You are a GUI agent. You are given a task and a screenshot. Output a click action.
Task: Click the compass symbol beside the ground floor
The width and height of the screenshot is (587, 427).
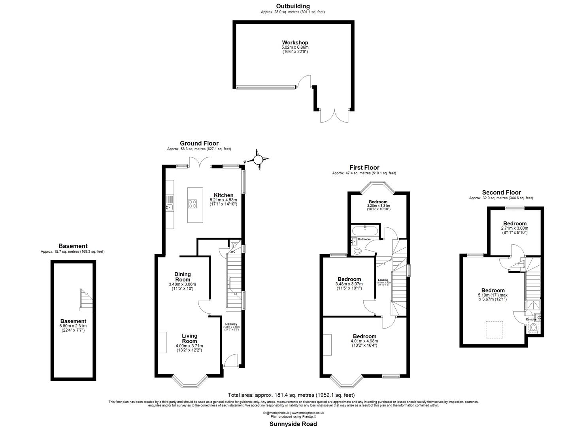[258, 160]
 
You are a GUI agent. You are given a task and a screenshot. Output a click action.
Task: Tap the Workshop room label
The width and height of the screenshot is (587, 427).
[295, 43]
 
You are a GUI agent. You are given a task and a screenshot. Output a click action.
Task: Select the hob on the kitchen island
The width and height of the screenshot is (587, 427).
[193, 204]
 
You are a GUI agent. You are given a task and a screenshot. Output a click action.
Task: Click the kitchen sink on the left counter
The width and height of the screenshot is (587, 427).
[170, 207]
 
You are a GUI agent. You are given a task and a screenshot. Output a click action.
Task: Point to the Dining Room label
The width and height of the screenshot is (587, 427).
[182, 277]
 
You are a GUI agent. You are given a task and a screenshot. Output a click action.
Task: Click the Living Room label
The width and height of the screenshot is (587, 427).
[189, 338]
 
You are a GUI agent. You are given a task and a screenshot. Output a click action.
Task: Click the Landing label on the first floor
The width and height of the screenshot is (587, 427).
[383, 280]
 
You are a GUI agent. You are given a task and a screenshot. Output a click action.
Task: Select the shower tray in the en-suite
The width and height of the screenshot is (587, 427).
[531, 306]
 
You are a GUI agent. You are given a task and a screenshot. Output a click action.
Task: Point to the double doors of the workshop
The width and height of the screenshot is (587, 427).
[334, 116]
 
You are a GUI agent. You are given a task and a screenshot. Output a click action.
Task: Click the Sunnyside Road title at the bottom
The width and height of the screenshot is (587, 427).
[293, 424]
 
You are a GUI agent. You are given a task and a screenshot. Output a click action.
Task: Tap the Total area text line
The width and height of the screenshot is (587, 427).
[291, 395]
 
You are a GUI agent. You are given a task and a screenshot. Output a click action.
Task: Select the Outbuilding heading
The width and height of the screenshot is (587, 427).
[293, 6]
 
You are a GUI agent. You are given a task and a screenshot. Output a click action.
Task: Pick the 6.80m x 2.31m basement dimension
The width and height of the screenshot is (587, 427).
[73, 326]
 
